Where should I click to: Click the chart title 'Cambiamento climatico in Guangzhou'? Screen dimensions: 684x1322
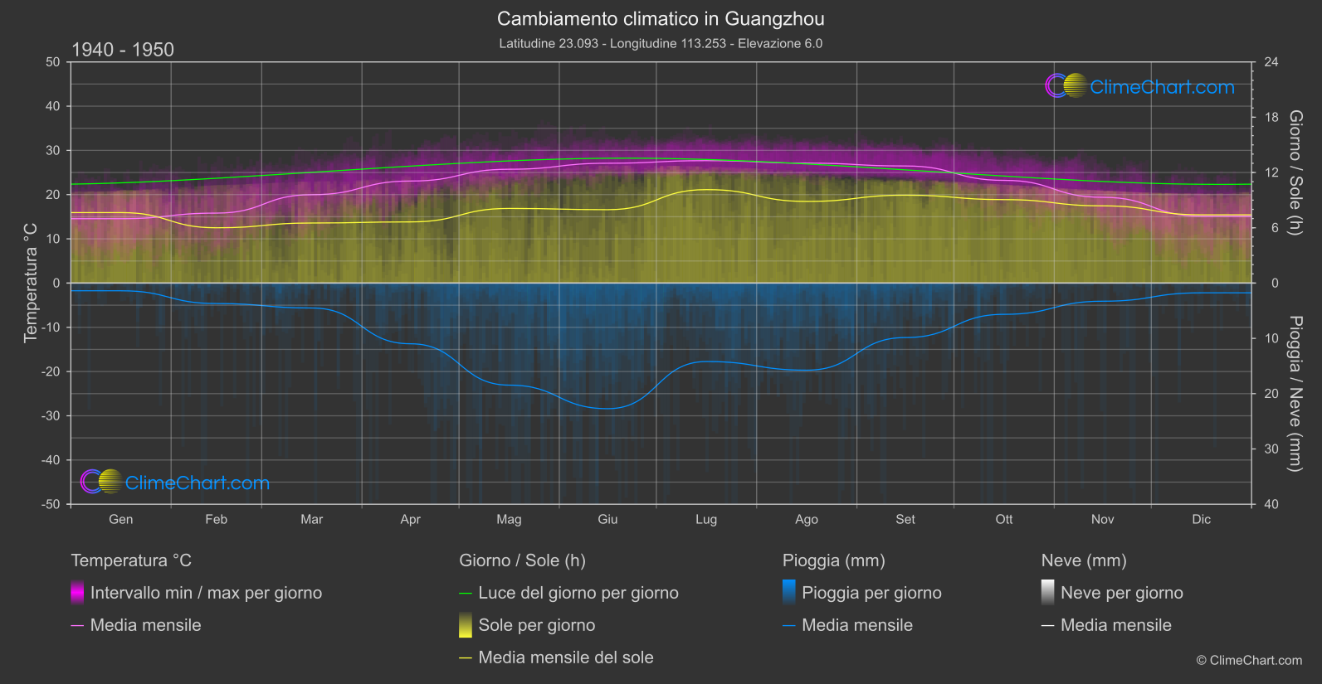[661, 18]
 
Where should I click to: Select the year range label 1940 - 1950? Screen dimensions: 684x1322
[123, 50]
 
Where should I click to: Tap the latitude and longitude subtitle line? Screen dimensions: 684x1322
[661, 43]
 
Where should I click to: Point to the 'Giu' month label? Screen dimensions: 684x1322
[607, 519]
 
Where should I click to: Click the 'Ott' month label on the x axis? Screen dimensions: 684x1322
[1004, 519]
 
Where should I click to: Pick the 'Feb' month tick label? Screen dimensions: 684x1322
[216, 519]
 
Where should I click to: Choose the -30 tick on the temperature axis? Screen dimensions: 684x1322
[51, 416]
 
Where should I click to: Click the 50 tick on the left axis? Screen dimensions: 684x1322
[53, 62]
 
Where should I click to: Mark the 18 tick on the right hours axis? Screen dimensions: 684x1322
[1271, 118]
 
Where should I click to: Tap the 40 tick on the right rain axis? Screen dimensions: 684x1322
[1271, 504]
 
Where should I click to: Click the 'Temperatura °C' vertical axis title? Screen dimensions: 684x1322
[31, 282]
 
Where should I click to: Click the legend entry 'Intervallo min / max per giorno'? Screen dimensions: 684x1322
[206, 593]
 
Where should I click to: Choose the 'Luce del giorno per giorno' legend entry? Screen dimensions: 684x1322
[578, 593]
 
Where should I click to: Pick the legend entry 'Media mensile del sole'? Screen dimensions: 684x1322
[566, 657]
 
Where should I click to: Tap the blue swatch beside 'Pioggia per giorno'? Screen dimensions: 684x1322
[789, 593]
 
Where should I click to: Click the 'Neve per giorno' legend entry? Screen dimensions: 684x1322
[1121, 593]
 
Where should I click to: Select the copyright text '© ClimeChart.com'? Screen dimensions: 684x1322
[1249, 661]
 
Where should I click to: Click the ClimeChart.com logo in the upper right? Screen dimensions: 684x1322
[1140, 86]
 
